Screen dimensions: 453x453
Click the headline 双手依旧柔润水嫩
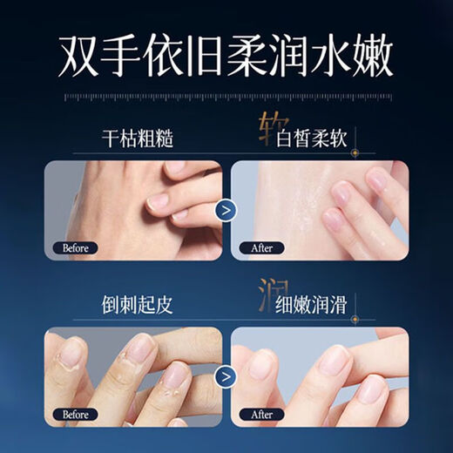226,57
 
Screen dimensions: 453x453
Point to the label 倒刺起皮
135,306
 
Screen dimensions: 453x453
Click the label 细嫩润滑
315,306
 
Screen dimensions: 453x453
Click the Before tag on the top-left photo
76,247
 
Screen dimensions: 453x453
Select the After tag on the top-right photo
261,247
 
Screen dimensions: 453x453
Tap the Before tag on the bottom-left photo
76,416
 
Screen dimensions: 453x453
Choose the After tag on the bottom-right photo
261,416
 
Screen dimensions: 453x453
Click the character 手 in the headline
120,57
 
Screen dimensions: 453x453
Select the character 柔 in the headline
247,57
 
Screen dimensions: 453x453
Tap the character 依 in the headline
163,57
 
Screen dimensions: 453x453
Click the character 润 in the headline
290,57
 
